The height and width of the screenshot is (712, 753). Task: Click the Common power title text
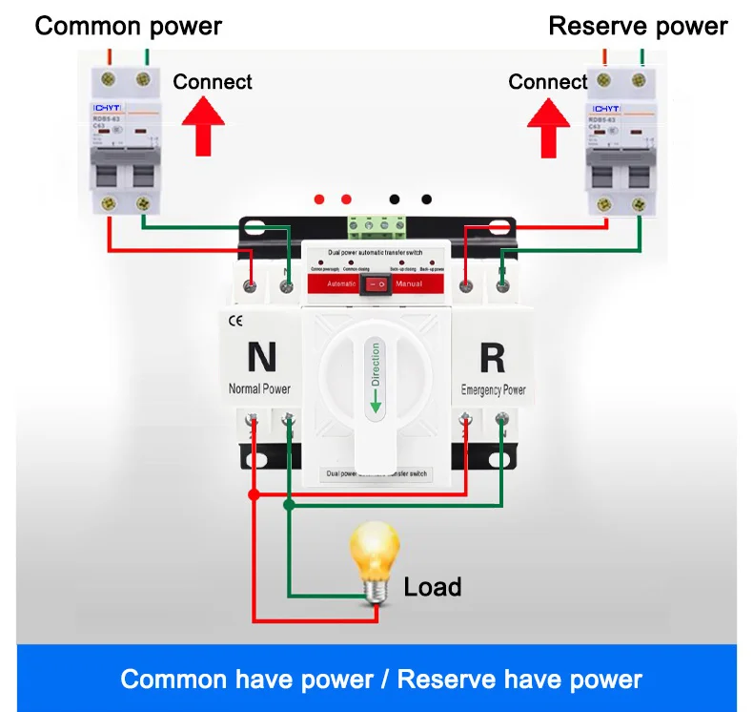[128, 26]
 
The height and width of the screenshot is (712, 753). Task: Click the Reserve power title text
[638, 26]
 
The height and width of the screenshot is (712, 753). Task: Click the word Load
[432, 586]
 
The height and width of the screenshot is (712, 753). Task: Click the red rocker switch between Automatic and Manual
[376, 283]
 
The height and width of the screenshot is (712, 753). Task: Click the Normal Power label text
[259, 388]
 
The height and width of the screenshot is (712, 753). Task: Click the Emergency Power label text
[493, 389]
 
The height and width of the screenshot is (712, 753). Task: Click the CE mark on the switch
[235, 321]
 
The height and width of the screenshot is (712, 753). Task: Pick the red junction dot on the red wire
[253, 494]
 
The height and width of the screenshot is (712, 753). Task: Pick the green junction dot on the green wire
[290, 508]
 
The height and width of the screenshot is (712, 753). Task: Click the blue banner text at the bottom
[381, 680]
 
